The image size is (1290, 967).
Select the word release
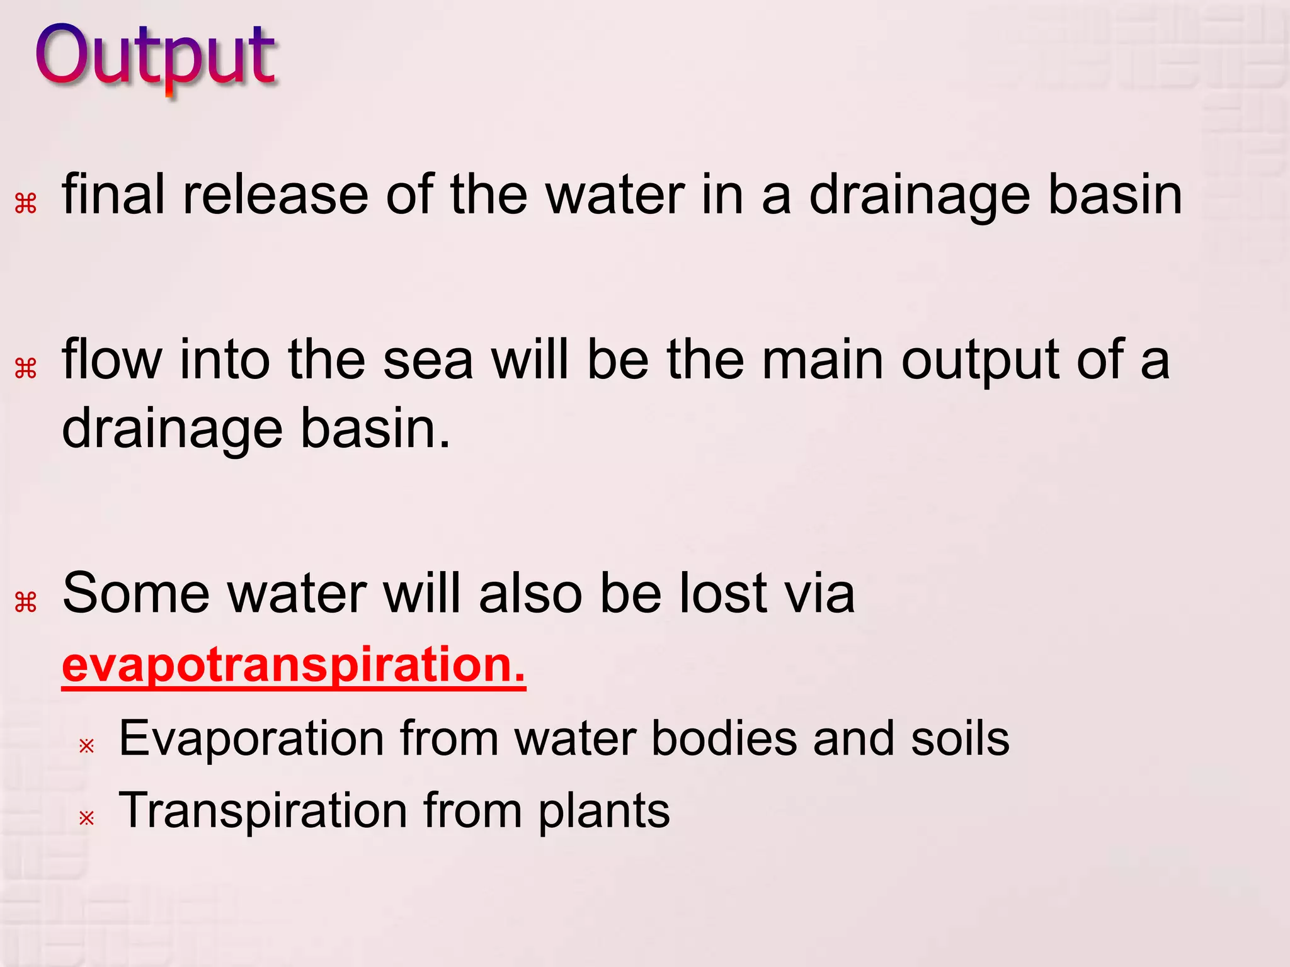coord(275,195)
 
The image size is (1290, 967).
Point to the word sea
coord(428,360)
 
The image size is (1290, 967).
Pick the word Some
coord(136,593)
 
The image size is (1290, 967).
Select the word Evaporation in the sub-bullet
coord(251,738)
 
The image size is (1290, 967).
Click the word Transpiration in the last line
coord(263,810)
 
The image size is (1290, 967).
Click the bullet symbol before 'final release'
coord(26,204)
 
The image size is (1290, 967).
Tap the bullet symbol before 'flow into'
coord(26,368)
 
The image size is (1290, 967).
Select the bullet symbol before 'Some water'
coord(26,602)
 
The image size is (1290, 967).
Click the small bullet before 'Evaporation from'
coord(86,746)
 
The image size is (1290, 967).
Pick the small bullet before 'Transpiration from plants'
coord(86,818)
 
